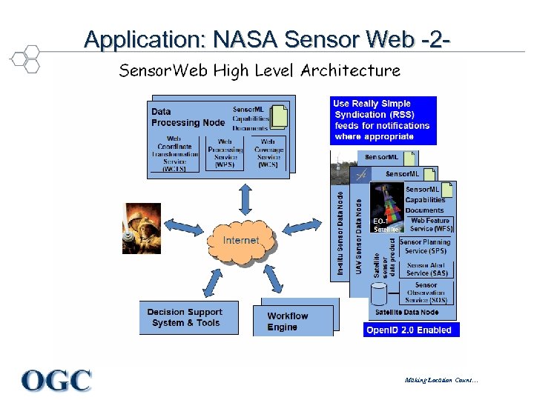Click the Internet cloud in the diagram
pyautogui.click(x=241, y=240)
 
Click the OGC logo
pyautogui.click(x=57, y=381)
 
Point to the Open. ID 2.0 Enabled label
pyautogui.click(x=409, y=330)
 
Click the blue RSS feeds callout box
pyautogui.click(x=383, y=120)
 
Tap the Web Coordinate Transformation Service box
pyautogui.click(x=174, y=154)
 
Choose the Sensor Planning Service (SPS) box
pyautogui.click(x=426, y=246)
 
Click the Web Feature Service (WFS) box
pyautogui.click(x=430, y=224)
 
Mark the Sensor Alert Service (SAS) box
pyautogui.click(x=426, y=270)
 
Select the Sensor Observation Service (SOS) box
pyautogui.click(x=426, y=293)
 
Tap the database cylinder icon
pyautogui.click(x=379, y=294)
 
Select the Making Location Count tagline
pyautogui.click(x=441, y=381)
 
